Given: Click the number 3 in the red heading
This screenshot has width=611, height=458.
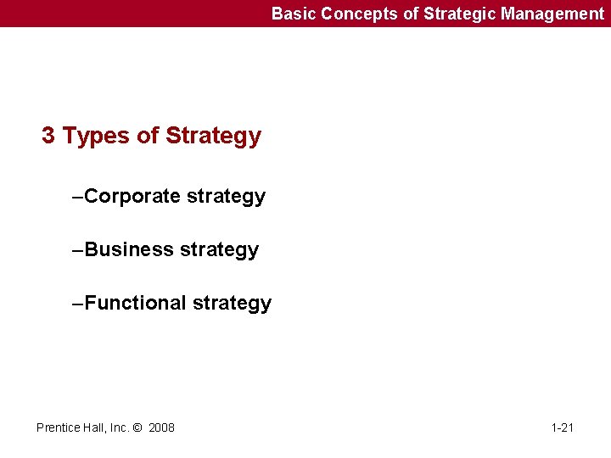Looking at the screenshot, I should [48, 136].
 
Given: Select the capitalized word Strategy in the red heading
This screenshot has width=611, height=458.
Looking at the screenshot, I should [214, 136].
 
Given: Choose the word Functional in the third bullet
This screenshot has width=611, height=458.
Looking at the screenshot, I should [136, 304].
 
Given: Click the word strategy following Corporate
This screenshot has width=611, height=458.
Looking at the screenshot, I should [226, 197].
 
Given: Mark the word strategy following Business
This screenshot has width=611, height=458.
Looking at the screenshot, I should [219, 250].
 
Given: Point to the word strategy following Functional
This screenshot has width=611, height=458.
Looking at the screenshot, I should [232, 304].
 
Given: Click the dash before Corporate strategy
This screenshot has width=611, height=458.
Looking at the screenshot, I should [78, 197].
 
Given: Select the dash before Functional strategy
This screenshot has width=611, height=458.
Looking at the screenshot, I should [78, 304].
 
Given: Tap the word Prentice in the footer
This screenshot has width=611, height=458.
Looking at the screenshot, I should [58, 427].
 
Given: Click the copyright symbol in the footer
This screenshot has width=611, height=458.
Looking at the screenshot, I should [137, 427].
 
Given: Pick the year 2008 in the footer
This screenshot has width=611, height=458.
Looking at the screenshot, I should [161, 427].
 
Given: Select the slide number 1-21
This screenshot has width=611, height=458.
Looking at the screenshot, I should [562, 427].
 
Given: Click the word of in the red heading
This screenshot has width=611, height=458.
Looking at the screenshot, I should [146, 136].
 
